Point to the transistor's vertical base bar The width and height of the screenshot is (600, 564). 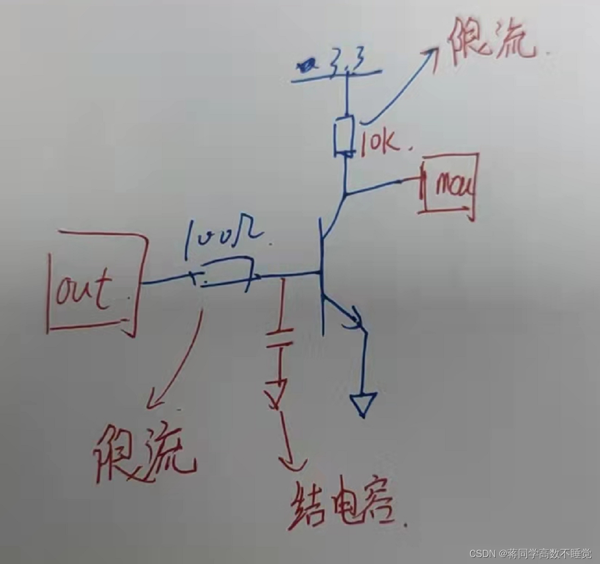322,279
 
